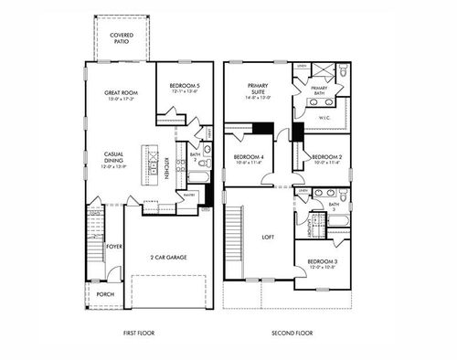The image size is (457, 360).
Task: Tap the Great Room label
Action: tap(122, 95)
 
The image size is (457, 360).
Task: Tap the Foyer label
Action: tap(114, 246)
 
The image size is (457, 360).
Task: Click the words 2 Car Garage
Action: tap(168, 258)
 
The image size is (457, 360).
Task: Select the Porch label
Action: tap(106, 294)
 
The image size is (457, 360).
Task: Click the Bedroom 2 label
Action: tap(326, 158)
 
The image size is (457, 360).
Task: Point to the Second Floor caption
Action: tap(292, 334)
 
